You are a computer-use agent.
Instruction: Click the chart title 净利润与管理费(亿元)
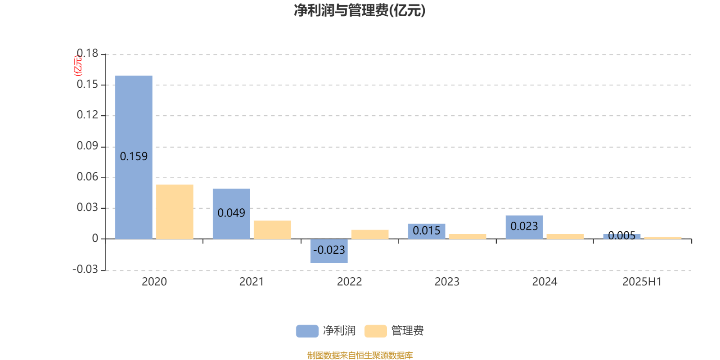point(360,10)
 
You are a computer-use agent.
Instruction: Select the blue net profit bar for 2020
point(134,157)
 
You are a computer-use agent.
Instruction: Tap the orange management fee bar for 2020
point(175,211)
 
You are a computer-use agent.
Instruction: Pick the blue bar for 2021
point(231,214)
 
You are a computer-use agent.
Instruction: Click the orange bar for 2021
point(272,229)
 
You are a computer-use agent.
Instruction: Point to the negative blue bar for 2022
point(329,251)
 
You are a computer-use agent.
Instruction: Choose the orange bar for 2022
point(370,234)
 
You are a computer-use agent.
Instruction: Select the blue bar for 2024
point(524,227)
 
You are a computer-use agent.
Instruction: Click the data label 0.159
point(134,157)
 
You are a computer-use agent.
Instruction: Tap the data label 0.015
point(427,230)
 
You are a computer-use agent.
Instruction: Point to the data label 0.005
point(621,236)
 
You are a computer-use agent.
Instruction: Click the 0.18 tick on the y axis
point(87,54)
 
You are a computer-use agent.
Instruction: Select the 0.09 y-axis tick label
point(87,146)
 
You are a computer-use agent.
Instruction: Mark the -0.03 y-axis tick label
point(85,270)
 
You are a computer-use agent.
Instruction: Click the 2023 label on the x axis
point(447,282)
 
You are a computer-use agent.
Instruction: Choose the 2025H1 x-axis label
point(642,282)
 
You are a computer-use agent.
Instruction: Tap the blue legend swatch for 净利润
point(307,331)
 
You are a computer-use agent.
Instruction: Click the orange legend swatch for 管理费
point(375,331)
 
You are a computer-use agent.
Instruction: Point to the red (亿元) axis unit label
point(78,66)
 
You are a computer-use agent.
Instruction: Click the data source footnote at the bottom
point(360,355)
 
